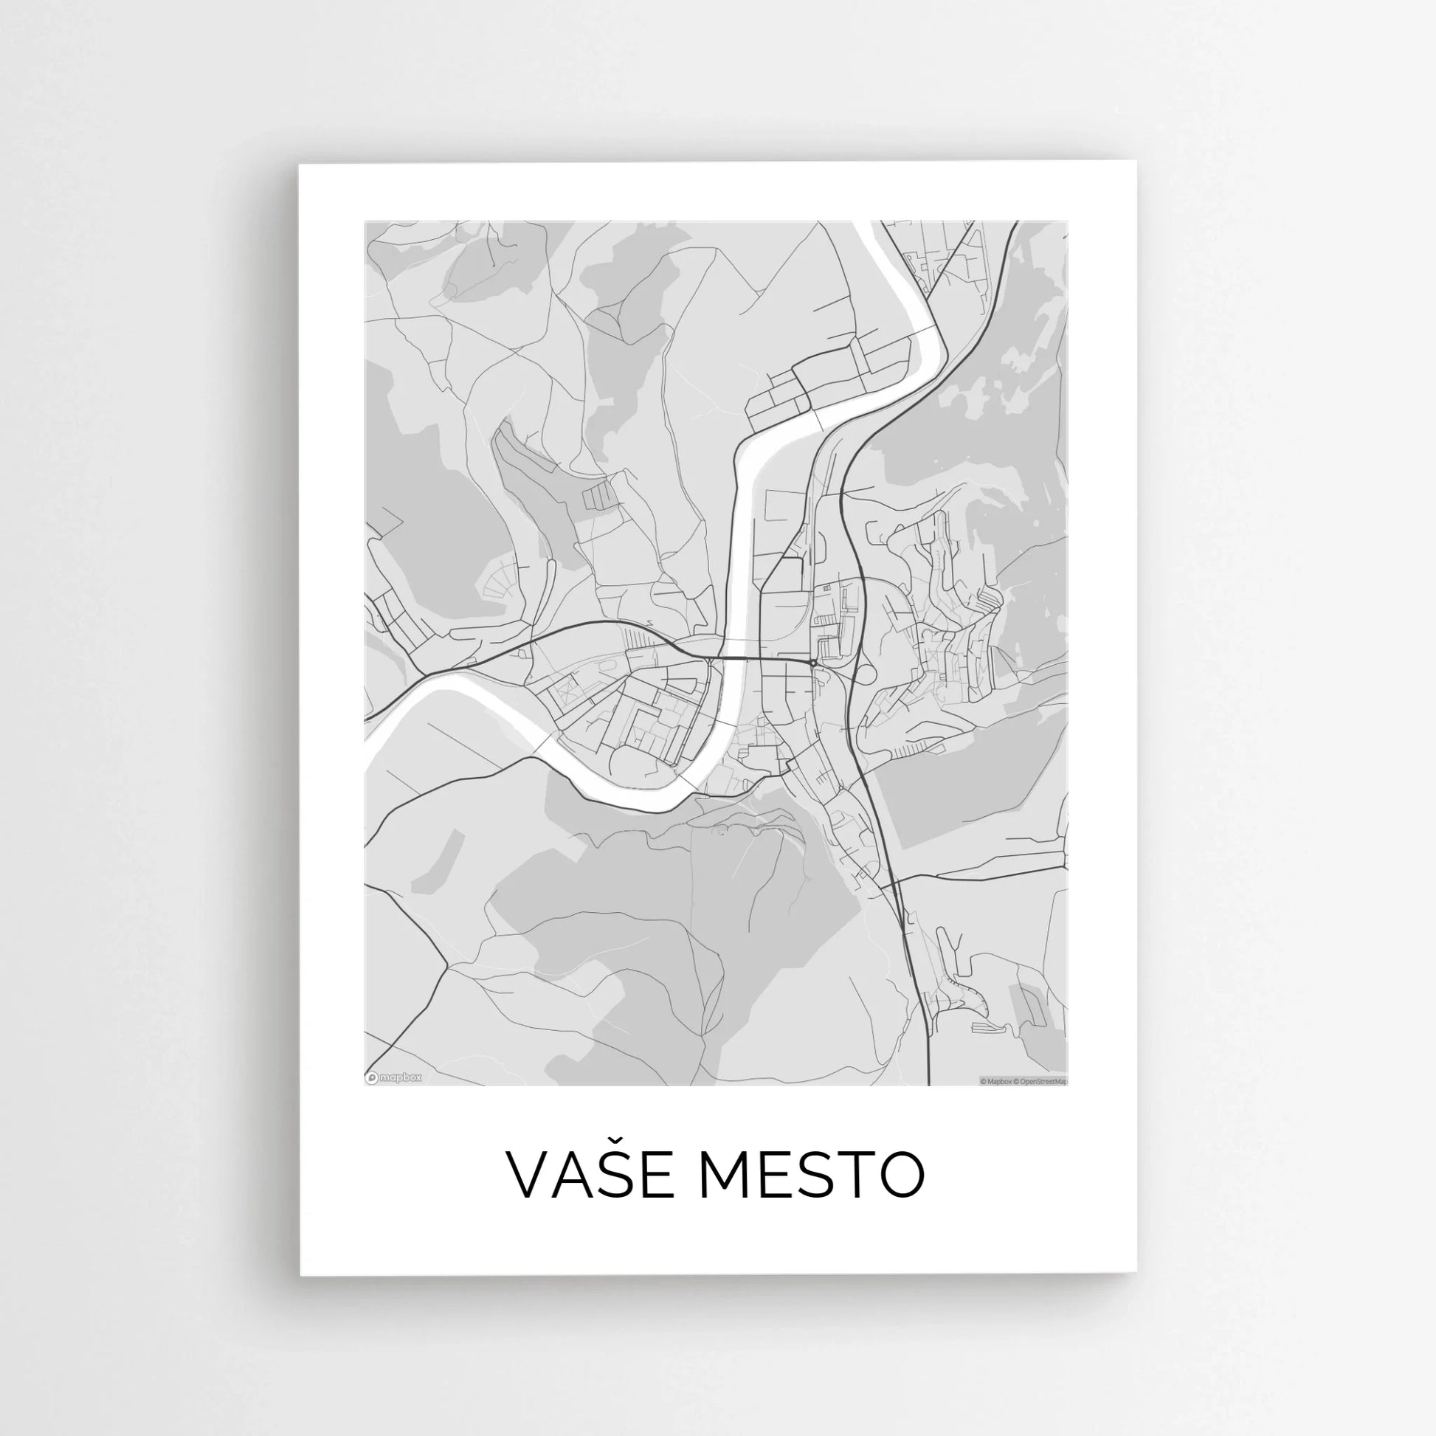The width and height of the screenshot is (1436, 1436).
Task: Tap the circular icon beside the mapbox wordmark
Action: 372,1077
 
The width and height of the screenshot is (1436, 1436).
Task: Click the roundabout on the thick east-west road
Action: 815,662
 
